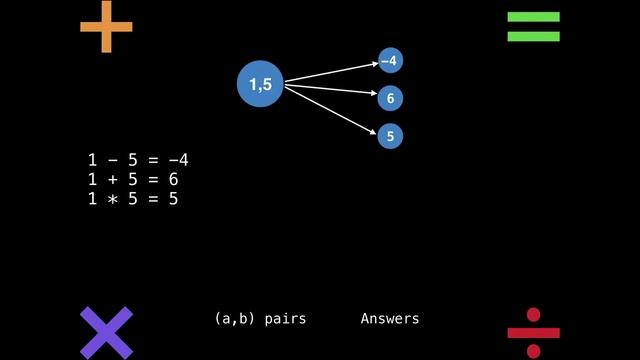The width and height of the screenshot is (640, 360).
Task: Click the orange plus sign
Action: pos(106,27)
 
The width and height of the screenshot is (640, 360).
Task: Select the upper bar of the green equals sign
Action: pos(533,17)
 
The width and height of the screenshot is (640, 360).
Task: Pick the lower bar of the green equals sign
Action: pos(533,37)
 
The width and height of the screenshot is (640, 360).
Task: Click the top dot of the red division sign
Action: pos(533,315)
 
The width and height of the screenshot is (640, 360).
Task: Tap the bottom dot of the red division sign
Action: pos(533,351)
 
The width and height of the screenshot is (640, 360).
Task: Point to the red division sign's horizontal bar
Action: pos(533,333)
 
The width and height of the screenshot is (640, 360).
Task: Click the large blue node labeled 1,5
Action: pos(261,85)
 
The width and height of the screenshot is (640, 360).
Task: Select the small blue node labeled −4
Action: pos(390,61)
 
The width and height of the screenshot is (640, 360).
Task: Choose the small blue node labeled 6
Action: pos(390,98)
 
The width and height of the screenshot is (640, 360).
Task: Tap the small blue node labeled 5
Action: pos(390,135)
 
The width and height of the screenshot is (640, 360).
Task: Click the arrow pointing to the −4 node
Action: pos(331,72)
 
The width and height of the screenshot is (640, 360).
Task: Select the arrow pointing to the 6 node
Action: pos(331,91)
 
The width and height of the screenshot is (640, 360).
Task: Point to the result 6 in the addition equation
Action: pos(173,180)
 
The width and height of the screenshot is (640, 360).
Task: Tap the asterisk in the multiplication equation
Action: pos(112,199)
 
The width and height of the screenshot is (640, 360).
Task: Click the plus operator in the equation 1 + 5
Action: pos(112,180)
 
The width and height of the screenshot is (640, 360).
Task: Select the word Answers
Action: pos(390,319)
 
